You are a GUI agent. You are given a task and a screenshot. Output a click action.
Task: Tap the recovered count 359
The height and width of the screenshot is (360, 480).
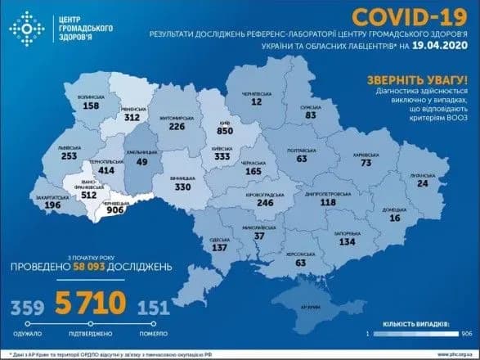click(x=26, y=307)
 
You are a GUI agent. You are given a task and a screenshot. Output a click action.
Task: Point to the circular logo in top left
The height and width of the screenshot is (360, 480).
click(x=25, y=29)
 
